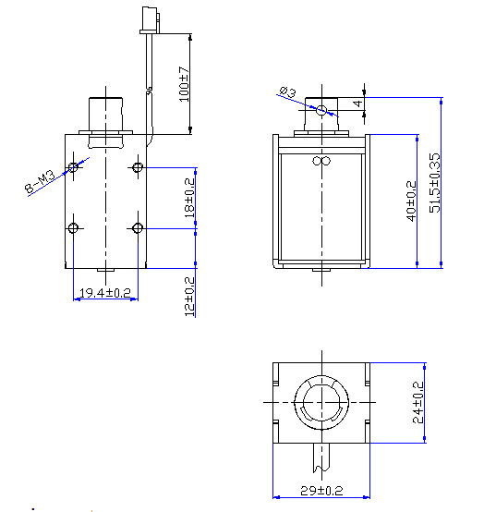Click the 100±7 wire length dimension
point(185,83)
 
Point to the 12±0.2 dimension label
point(189,295)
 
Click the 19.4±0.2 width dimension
point(104,293)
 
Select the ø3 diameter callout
point(287,92)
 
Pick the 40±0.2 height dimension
point(411,197)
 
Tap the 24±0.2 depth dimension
point(417,403)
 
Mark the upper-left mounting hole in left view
point(74,167)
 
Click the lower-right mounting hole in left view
point(138,227)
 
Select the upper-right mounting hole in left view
point(138,167)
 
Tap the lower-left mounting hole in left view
point(74,227)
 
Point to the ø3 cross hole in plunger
point(321,111)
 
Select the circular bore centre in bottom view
point(321,403)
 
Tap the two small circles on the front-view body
point(321,162)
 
